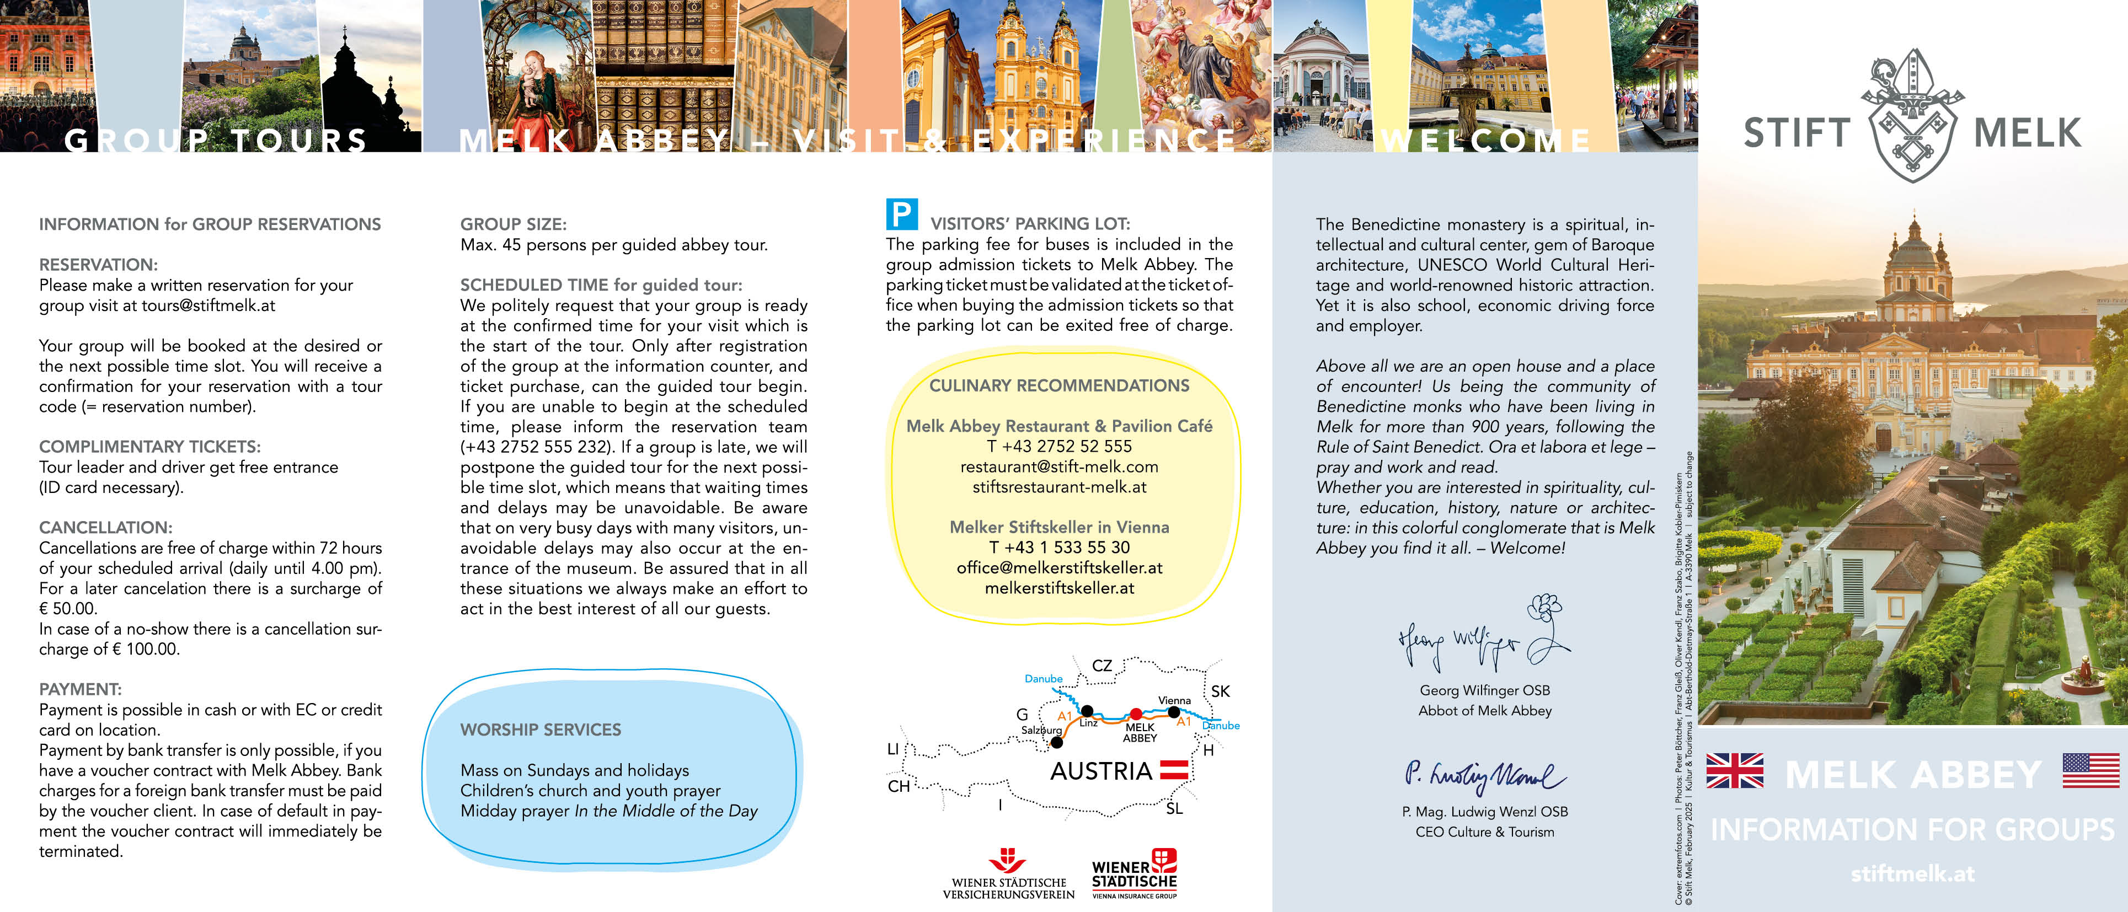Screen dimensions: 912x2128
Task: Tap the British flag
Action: click(1734, 771)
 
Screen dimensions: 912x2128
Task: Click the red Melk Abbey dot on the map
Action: click(1136, 713)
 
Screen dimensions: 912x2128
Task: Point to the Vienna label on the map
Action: click(1174, 700)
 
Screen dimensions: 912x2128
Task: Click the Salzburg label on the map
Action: click(1041, 730)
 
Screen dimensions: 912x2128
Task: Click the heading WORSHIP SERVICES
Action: click(540, 729)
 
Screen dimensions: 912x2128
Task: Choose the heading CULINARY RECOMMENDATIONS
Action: click(1059, 386)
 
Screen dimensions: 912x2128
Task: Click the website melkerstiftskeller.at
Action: click(1059, 588)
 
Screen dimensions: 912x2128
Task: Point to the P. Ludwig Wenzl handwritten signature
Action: click(1484, 775)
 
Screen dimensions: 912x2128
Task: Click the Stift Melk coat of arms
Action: click(1912, 116)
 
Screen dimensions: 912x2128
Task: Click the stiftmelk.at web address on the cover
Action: click(1912, 873)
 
